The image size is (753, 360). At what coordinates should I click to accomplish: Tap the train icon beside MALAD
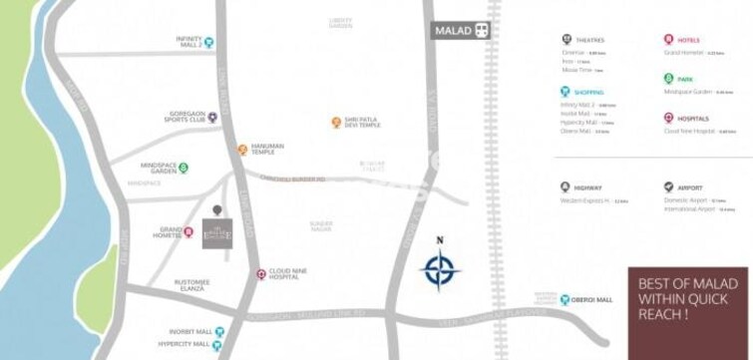tap(484, 31)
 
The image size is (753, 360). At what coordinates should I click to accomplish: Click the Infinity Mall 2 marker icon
tap(209, 43)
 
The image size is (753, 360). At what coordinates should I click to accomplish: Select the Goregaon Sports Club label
tap(186, 118)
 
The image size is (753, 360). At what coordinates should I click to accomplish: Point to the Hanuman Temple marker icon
tap(241, 150)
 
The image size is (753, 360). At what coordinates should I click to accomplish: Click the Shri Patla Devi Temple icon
tap(336, 123)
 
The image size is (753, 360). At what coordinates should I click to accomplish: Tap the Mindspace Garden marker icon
tap(184, 168)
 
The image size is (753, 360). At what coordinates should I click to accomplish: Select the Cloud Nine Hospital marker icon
tap(260, 273)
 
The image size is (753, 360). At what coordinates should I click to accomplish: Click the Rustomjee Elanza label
tap(190, 285)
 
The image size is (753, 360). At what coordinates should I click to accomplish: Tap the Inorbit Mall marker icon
tap(220, 331)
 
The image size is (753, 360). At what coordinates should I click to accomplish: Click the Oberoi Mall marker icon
tap(564, 299)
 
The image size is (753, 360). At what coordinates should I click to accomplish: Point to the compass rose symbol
tap(440, 270)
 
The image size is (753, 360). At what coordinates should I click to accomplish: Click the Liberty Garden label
tap(341, 23)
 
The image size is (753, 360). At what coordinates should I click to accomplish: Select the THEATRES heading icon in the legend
tap(566, 40)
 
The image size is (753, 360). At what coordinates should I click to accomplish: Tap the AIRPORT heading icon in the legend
tap(668, 187)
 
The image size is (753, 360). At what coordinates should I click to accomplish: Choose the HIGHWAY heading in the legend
tap(588, 187)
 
